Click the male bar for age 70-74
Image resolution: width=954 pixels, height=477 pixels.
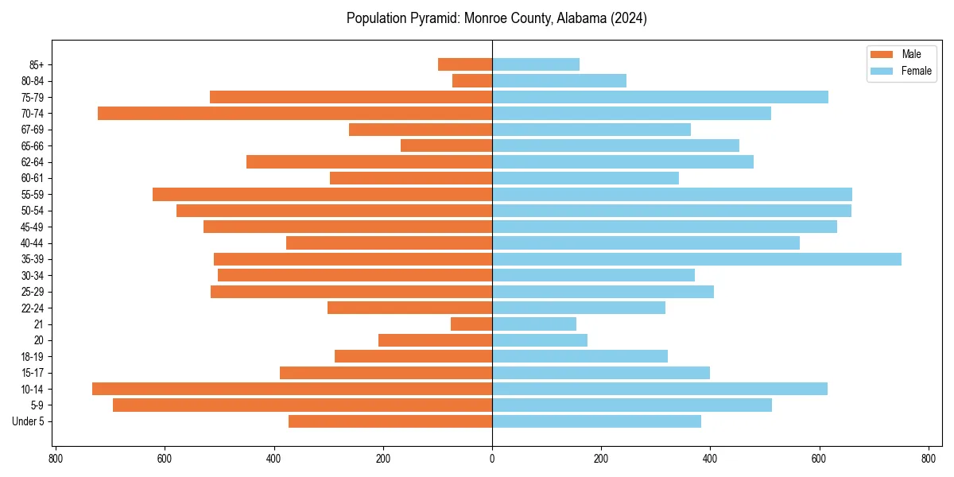[295, 114]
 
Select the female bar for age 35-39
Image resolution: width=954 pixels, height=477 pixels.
[696, 259]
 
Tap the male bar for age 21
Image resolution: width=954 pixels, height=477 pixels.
[471, 324]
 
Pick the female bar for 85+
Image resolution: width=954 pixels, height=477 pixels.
[536, 64]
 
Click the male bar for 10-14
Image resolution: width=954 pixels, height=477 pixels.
[292, 389]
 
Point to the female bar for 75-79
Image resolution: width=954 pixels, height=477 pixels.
[660, 97]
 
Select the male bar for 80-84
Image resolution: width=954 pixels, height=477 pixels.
[472, 81]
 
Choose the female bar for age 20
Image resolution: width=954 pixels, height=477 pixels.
[540, 340]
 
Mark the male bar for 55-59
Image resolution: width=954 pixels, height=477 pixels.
[322, 195]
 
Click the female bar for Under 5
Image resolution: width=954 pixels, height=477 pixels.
[596, 421]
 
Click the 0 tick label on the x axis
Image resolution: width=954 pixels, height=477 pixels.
[492, 459]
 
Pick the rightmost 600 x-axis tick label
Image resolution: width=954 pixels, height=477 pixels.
[819, 459]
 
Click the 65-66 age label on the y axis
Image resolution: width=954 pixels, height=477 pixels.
[33, 146]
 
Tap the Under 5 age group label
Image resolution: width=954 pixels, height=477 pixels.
[29, 421]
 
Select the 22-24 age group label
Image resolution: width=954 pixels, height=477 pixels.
[33, 308]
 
